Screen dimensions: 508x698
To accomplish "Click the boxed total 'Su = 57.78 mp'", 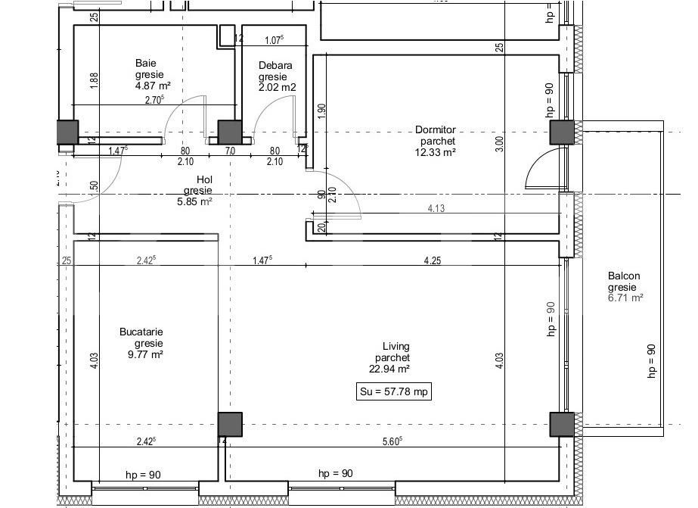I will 393,391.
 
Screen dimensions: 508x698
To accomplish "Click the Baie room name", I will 146,63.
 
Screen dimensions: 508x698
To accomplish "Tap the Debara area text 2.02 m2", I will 277,87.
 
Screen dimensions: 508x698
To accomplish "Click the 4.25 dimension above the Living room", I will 433,260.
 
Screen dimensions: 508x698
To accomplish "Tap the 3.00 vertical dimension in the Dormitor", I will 499,145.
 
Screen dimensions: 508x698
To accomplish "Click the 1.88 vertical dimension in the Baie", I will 94,80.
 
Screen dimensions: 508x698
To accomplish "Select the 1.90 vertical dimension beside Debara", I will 321,111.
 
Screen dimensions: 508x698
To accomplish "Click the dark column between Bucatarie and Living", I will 230,425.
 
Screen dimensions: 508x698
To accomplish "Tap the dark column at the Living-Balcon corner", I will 562,425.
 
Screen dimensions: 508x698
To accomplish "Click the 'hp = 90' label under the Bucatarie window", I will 143,475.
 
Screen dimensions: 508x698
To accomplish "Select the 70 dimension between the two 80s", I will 230,151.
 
